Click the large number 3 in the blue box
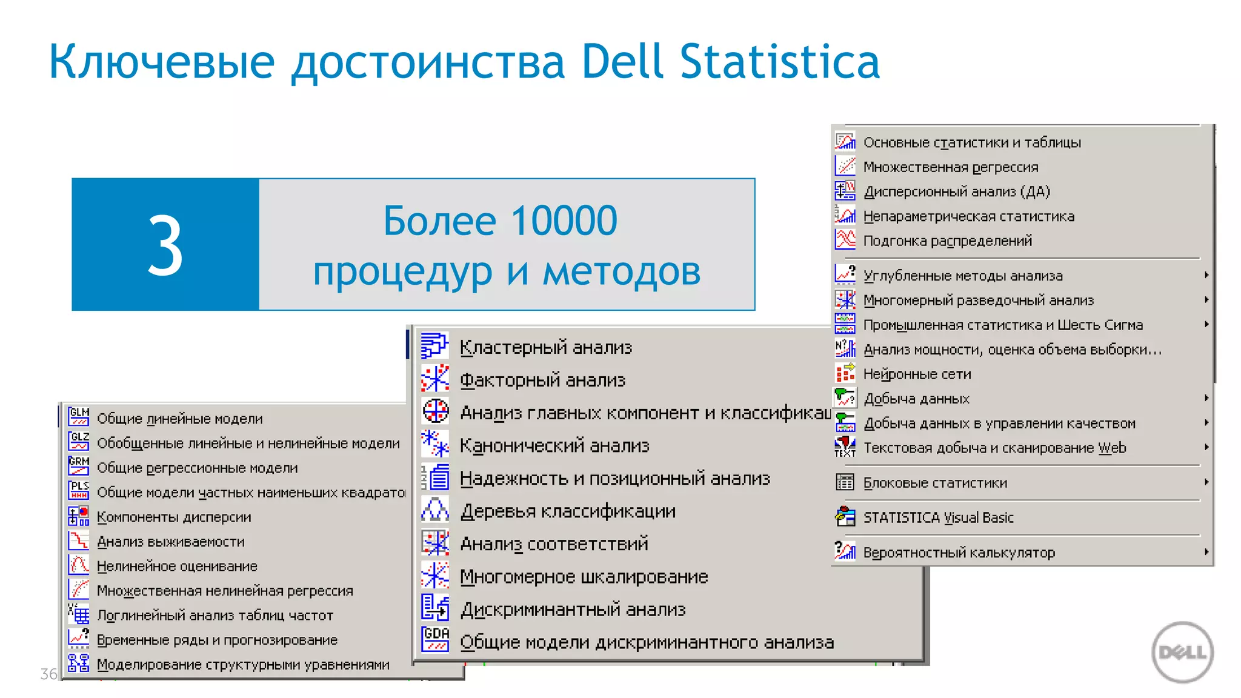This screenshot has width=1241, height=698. click(165, 246)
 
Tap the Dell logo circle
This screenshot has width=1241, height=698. click(1182, 652)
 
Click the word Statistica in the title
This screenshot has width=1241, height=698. click(779, 62)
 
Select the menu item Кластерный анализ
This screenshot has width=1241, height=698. click(545, 347)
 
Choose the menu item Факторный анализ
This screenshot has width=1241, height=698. click(542, 380)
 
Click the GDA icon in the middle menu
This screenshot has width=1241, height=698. click(435, 639)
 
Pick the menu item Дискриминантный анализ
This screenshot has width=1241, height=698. click(573, 609)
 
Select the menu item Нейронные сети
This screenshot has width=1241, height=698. click(917, 374)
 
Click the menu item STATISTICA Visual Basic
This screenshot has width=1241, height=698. click(938, 517)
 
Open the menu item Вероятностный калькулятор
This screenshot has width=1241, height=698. click(959, 553)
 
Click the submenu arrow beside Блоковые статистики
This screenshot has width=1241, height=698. click(1206, 482)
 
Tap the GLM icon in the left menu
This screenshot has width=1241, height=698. click(79, 416)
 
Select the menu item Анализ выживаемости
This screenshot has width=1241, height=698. click(170, 542)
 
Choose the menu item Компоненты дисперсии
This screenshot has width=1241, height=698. click(174, 517)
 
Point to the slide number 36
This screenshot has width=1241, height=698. click(48, 674)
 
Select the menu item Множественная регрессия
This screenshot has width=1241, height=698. click(950, 167)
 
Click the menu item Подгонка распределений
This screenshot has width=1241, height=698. click(947, 241)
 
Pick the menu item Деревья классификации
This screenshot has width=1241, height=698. click(568, 511)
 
